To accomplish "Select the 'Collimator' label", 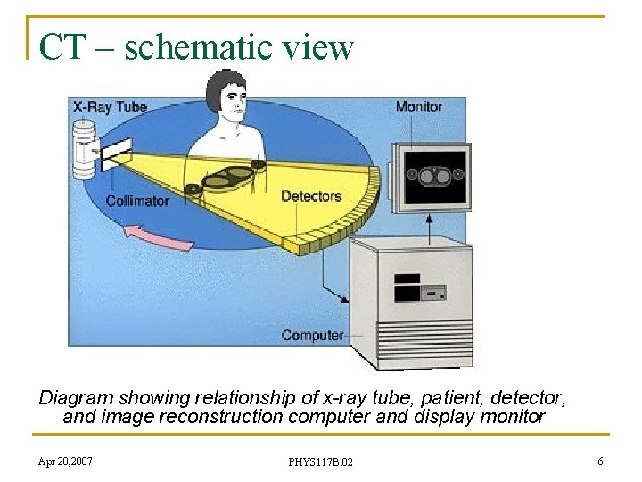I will pyautogui.click(x=137, y=201).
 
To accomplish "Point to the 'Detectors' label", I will pyautogui.click(x=311, y=195).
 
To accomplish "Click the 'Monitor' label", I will pyautogui.click(x=418, y=106).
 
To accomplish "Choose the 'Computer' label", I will pyautogui.click(x=312, y=336).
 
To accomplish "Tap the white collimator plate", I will pyautogui.click(x=117, y=154).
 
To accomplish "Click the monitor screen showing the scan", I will pyautogui.click(x=434, y=176).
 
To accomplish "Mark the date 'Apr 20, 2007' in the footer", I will pyautogui.click(x=64, y=461).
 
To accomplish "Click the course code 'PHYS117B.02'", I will pyautogui.click(x=320, y=461).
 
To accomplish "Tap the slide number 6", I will pyautogui.click(x=600, y=461).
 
